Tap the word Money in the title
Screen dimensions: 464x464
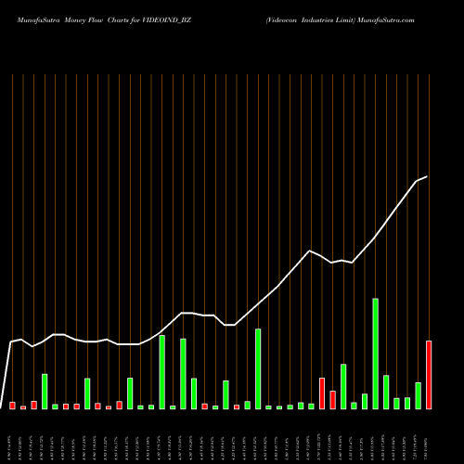(x=77, y=19)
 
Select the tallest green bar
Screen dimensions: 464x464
(x=376, y=354)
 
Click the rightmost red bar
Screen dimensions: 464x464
(x=429, y=375)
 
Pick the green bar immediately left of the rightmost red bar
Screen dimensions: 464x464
(x=419, y=395)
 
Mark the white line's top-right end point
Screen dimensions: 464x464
(x=427, y=176)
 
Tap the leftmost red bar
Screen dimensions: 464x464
(x=12, y=406)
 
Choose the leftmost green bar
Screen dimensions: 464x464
(x=45, y=391)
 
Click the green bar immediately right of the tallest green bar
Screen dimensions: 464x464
(x=386, y=392)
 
